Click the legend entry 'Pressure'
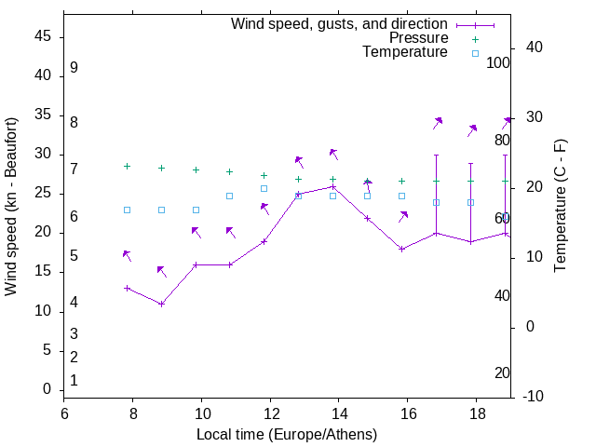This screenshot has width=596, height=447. point(418,38)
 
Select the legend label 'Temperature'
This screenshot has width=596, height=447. point(405,52)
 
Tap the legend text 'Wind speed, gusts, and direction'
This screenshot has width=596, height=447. point(339,23)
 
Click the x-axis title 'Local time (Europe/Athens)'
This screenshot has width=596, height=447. point(287,435)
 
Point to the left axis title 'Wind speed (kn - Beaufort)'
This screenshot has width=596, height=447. point(11,207)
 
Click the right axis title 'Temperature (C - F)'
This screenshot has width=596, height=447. point(560,207)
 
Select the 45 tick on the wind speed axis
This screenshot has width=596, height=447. point(42,36)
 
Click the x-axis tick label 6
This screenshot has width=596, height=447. point(64,413)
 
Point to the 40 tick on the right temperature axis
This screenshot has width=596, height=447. point(523,47)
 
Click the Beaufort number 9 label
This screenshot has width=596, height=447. point(74,68)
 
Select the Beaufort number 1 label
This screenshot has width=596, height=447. point(74,380)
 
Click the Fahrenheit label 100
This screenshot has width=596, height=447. point(498,62)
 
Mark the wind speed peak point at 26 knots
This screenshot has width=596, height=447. point(332,186)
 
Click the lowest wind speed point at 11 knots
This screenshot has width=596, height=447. point(161,304)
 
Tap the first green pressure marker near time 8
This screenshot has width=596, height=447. point(127,167)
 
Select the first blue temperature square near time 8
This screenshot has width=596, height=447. point(127,210)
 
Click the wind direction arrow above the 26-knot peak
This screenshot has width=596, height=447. point(332,154)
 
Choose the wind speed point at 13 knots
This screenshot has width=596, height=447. point(127,288)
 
